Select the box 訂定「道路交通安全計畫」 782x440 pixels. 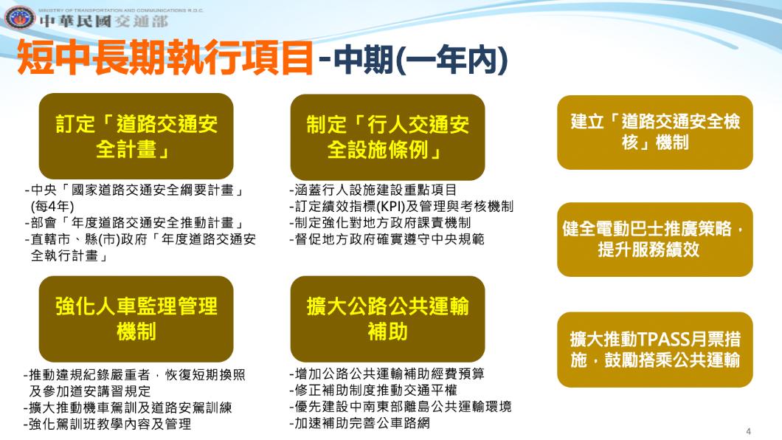(x=136, y=136)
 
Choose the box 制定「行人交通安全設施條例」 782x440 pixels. (x=387, y=136)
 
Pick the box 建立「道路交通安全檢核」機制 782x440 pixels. (x=654, y=131)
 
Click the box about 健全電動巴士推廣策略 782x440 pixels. (x=654, y=239)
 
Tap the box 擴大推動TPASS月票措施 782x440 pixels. (x=654, y=349)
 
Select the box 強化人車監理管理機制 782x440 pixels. (x=136, y=318)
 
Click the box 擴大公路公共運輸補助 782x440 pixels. (x=387, y=318)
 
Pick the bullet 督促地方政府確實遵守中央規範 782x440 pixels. (x=387, y=239)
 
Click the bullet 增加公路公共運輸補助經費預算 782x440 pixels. (x=387, y=374)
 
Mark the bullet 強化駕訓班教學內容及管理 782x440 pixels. (x=108, y=424)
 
